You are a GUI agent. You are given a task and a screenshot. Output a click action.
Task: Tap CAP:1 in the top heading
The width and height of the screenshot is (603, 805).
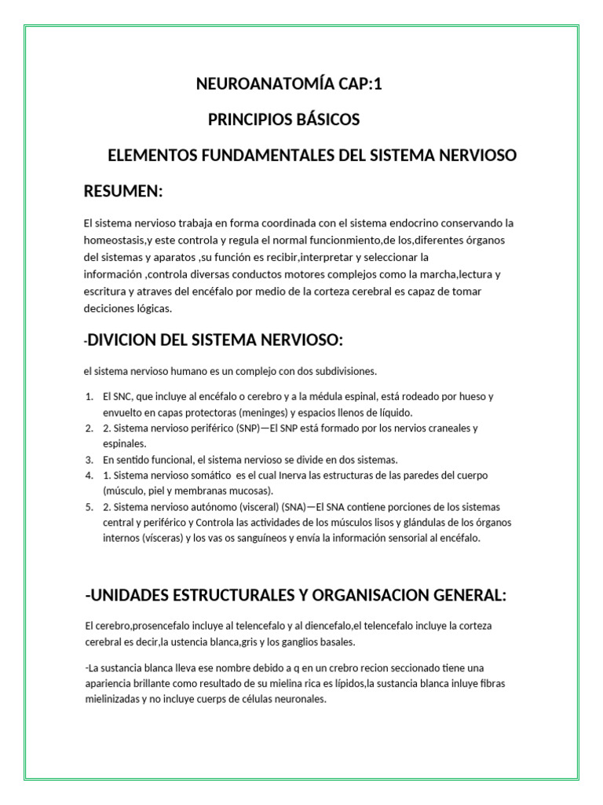pos(357,85)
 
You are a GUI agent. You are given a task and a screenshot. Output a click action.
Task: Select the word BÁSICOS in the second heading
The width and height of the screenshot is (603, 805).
pos(324,119)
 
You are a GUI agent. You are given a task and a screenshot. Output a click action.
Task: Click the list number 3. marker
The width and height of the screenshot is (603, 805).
pos(89,459)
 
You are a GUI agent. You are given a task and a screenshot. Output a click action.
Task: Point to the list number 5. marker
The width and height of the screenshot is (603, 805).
pos(89,507)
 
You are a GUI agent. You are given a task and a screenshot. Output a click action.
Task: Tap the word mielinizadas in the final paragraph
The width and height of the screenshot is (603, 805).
pos(115,699)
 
